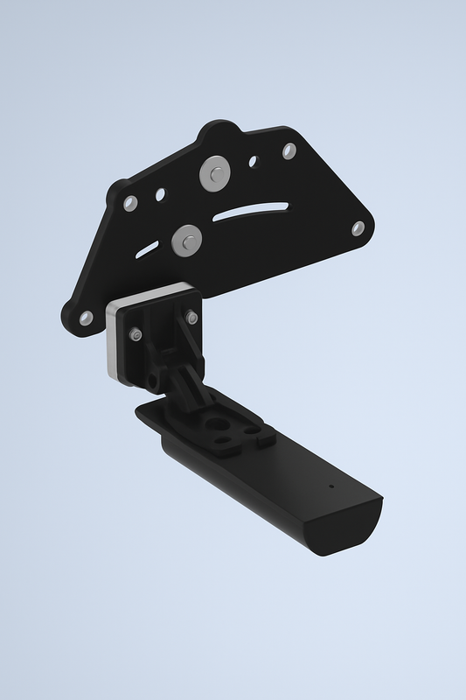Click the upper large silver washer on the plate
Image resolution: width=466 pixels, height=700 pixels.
214,173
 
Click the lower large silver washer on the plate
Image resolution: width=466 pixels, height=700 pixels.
185,240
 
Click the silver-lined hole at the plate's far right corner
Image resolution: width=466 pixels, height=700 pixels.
358,228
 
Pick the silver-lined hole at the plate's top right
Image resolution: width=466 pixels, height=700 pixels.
289,150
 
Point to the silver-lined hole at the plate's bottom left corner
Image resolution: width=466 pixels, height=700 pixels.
86,318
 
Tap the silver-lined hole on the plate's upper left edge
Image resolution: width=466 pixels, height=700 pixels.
130,203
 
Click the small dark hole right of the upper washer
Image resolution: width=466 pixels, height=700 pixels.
254,162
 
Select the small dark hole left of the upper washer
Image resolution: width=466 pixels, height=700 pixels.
160,194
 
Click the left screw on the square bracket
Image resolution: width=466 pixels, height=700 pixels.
136,334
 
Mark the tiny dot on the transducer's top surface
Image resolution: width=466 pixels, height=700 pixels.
330,485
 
